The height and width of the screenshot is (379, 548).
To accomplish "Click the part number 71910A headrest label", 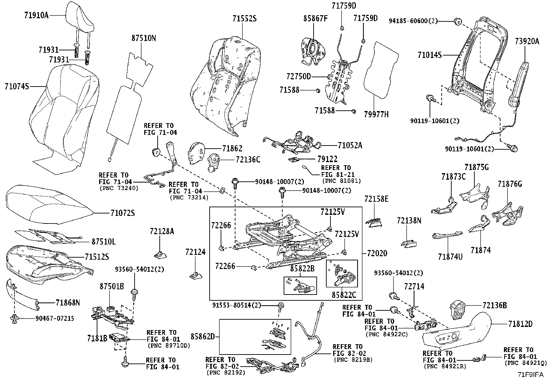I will [x=36, y=15].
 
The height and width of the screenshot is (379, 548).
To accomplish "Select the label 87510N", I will [x=143, y=38].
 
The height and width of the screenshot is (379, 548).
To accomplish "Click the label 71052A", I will [x=350, y=145].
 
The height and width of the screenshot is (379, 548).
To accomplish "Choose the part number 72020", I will [x=377, y=253].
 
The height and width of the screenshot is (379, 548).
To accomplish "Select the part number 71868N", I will [x=68, y=303].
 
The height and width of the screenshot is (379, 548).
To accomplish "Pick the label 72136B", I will [x=494, y=305].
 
